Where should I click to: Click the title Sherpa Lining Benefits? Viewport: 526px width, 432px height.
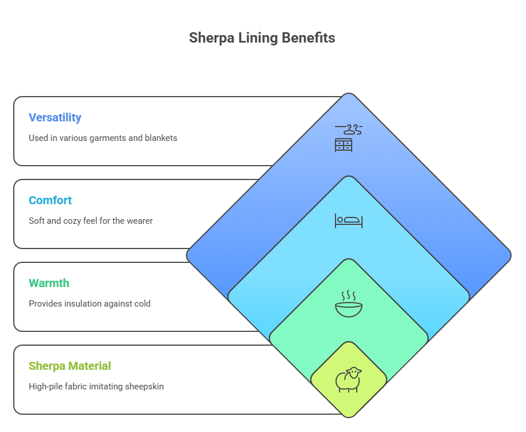(x=262, y=39)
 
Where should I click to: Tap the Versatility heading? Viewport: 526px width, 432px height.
(x=55, y=118)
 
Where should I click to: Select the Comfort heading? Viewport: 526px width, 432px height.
(x=51, y=201)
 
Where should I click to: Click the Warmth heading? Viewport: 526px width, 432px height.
(x=49, y=284)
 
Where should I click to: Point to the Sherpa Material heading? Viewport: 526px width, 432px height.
(x=70, y=366)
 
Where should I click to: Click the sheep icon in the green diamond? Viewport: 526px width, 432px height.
(x=348, y=379)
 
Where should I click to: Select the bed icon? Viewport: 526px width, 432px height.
(x=349, y=221)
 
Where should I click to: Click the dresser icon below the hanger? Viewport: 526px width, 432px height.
(x=344, y=144)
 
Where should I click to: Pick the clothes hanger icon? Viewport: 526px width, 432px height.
(x=349, y=128)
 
